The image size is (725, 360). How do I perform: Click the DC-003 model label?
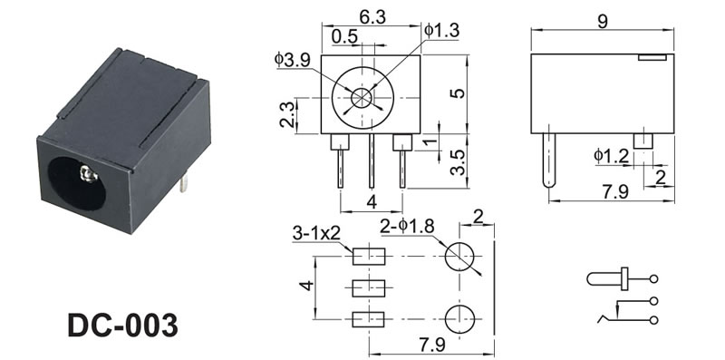(x=122, y=325)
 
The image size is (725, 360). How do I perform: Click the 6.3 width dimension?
(x=372, y=16)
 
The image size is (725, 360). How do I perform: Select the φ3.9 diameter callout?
(x=293, y=59)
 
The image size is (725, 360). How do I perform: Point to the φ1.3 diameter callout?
(x=441, y=31)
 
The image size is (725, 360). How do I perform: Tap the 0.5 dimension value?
(x=344, y=36)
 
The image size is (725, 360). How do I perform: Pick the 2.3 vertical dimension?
(x=286, y=114)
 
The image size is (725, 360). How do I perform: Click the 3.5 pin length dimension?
(x=458, y=162)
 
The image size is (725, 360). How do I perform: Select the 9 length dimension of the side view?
(x=603, y=21)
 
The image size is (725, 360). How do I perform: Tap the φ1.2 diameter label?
(x=611, y=156)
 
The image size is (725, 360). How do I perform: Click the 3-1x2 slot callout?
(x=316, y=234)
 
